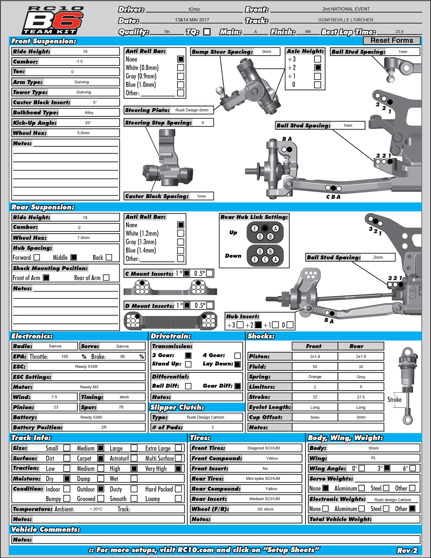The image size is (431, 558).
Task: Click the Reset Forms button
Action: (392, 40)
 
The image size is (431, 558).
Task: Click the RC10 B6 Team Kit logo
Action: (53, 20)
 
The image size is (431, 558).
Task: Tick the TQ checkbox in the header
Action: (207, 32)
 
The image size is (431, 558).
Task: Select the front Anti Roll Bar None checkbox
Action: (181, 59)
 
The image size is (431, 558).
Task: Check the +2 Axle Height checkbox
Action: (317, 68)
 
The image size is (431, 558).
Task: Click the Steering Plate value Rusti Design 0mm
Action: (192, 110)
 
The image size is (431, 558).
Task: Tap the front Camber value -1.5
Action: (79, 61)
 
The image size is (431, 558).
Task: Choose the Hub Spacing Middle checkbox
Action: (74, 257)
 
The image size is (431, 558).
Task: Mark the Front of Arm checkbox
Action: (46, 278)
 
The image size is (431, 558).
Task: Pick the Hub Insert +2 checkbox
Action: (258, 325)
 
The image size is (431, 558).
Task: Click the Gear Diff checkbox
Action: (237, 386)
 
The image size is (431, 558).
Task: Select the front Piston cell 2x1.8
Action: (315, 356)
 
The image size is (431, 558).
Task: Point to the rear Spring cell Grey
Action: (361, 377)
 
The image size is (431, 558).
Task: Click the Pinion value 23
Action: (56, 407)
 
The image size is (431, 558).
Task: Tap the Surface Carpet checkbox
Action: (101, 458)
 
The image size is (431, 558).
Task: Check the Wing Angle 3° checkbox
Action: (387, 468)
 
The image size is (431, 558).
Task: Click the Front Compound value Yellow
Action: (272, 458)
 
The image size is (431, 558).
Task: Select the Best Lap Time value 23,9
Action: (399, 32)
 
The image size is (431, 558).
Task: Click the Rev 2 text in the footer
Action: (407, 550)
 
